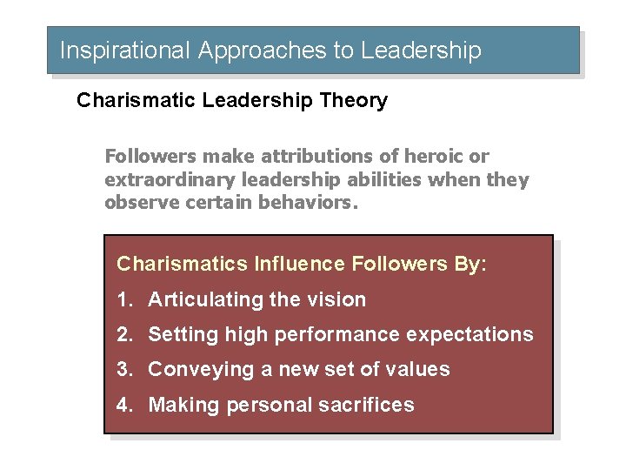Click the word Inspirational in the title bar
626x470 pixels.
(x=123, y=50)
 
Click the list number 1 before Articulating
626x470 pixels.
(x=124, y=300)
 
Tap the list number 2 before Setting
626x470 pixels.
(x=124, y=335)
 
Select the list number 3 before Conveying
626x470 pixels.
(x=124, y=370)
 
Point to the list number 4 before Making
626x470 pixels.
(x=124, y=406)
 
